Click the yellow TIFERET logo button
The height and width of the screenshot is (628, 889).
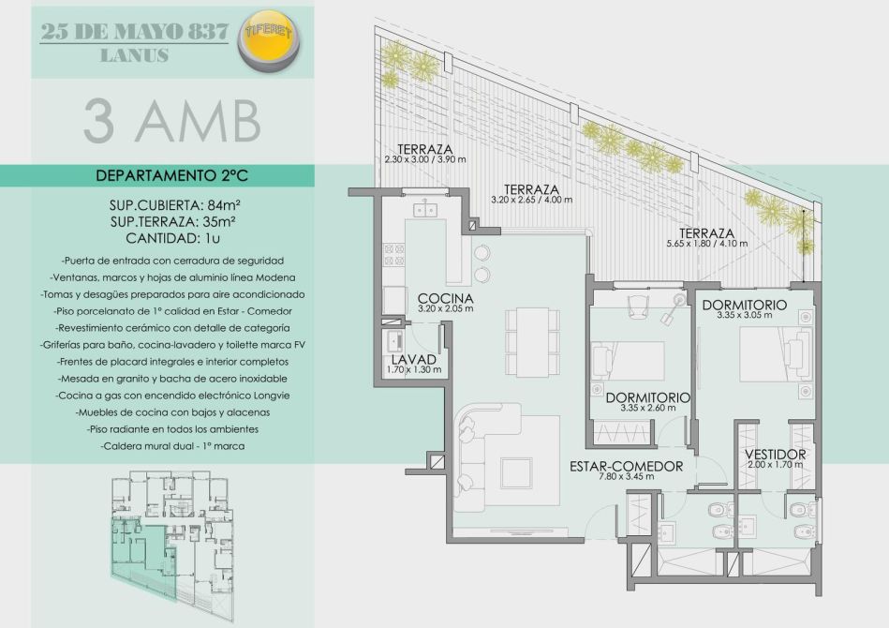coord(269,41)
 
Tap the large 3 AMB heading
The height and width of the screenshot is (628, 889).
coord(171,121)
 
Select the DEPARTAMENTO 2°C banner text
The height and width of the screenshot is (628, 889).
coord(171,175)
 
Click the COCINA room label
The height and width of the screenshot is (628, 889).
coord(445,298)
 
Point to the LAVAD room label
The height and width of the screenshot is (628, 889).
coord(414,360)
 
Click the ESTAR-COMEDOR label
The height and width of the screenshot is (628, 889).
coord(626,467)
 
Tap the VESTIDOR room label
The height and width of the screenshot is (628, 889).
coord(775,455)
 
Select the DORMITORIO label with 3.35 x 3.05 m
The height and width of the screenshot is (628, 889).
coord(744,306)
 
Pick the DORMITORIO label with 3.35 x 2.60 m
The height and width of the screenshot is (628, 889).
coord(647,397)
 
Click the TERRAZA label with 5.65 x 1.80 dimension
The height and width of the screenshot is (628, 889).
coord(706,233)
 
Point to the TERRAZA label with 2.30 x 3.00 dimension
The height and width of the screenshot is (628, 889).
coord(425,149)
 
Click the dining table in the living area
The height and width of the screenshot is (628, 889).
coord(532,341)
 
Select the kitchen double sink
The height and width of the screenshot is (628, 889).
coord(425,209)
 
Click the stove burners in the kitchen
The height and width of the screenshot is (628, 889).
coord(394,255)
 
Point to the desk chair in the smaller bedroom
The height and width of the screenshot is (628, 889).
coord(637,307)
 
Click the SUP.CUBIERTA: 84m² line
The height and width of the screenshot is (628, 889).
coord(171,204)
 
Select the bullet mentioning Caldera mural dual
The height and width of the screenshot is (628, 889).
coord(173,446)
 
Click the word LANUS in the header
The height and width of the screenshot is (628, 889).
coord(134,55)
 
